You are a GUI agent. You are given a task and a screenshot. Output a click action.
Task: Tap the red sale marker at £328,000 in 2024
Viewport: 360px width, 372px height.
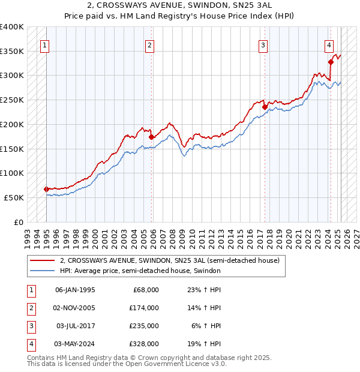331,61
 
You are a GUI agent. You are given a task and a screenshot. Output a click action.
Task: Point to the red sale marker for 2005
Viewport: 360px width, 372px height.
151,137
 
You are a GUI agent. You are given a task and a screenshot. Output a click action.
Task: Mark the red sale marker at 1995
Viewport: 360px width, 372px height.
46,189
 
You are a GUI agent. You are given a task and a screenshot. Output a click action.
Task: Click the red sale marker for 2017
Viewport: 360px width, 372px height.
265,107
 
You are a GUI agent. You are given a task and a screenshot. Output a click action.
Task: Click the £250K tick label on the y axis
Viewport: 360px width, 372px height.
11,100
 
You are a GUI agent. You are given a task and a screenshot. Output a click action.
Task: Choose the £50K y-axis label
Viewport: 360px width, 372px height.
14,197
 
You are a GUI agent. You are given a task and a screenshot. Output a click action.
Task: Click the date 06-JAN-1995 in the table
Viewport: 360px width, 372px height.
75,290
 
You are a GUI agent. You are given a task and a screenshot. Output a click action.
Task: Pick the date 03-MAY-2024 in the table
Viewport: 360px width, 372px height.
76,344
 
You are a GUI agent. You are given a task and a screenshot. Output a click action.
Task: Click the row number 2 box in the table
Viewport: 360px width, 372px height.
31,308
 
